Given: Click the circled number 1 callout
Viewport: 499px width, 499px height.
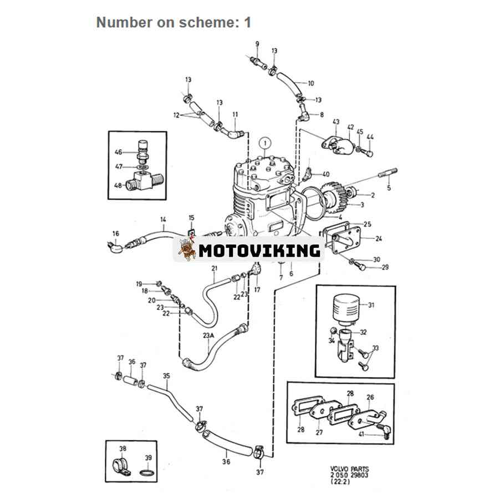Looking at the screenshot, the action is (x=265, y=143).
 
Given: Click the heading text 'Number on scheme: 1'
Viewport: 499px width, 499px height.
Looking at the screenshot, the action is (x=174, y=22).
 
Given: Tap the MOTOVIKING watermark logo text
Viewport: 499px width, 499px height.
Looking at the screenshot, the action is (x=259, y=251).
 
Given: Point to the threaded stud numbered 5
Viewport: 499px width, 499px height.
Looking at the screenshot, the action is (x=388, y=173).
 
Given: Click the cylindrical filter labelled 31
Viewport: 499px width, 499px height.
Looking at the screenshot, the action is (x=346, y=307).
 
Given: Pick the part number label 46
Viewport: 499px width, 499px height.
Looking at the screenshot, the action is (x=118, y=152).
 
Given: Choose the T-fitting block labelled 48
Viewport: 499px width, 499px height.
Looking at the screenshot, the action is (x=145, y=180).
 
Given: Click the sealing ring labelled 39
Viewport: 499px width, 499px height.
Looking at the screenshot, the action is (x=147, y=472).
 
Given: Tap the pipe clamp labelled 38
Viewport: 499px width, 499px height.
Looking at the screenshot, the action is (x=121, y=467).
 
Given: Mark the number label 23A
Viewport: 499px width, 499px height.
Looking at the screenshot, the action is (x=208, y=335).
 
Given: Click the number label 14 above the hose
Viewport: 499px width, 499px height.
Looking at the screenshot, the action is (x=163, y=219).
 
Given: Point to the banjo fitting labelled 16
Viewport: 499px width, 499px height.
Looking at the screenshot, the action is (x=115, y=247).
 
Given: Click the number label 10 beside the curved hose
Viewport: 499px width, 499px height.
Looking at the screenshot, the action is (x=310, y=83).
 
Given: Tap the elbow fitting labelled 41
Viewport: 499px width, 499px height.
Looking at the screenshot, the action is (x=384, y=430).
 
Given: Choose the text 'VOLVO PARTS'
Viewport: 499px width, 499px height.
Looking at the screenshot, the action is (x=349, y=469).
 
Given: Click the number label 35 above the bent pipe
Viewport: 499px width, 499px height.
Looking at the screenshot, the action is (x=166, y=376).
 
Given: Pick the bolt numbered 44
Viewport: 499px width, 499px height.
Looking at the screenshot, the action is (x=369, y=153).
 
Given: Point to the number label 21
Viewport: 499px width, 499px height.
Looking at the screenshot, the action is (x=215, y=268).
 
